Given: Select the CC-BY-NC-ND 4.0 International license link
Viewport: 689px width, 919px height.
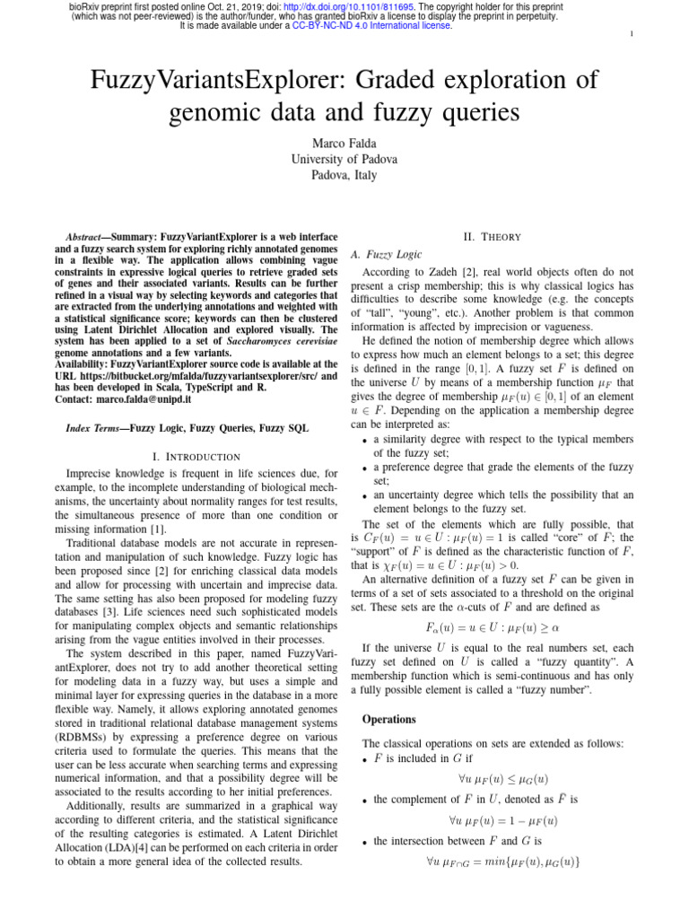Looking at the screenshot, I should pos(371,26).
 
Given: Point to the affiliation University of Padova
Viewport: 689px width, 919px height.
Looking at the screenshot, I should pos(344,159).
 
